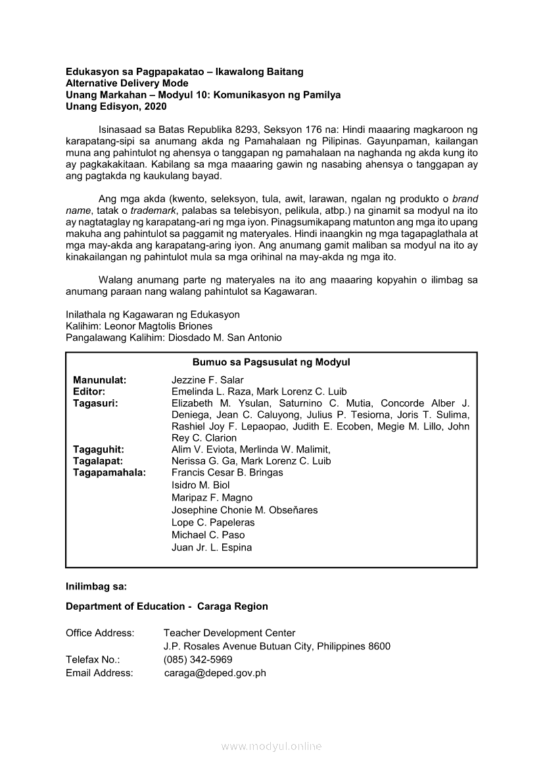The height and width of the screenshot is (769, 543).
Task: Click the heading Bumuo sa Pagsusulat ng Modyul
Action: click(271, 362)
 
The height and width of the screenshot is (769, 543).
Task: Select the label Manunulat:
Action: click(100, 380)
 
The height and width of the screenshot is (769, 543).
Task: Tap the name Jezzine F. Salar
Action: click(207, 380)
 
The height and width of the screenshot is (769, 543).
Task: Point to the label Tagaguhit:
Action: click(99, 449)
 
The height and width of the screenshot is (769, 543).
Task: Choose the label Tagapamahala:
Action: click(110, 472)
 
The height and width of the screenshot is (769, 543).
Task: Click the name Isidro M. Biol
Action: click(201, 485)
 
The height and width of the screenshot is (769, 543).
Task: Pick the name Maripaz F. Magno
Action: click(212, 497)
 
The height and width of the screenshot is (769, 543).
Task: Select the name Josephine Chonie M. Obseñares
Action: click(245, 510)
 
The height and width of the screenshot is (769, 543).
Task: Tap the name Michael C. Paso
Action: click(208, 535)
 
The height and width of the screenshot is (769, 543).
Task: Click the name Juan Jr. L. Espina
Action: click(212, 547)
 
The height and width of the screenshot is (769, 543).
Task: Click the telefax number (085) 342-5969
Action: click(198, 660)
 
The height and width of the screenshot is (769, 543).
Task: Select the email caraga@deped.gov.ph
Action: click(215, 673)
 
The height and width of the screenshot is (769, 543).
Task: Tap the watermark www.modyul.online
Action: click(271, 747)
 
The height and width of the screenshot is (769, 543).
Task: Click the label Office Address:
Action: click(100, 633)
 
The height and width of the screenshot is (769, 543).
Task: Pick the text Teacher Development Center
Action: click(229, 633)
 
